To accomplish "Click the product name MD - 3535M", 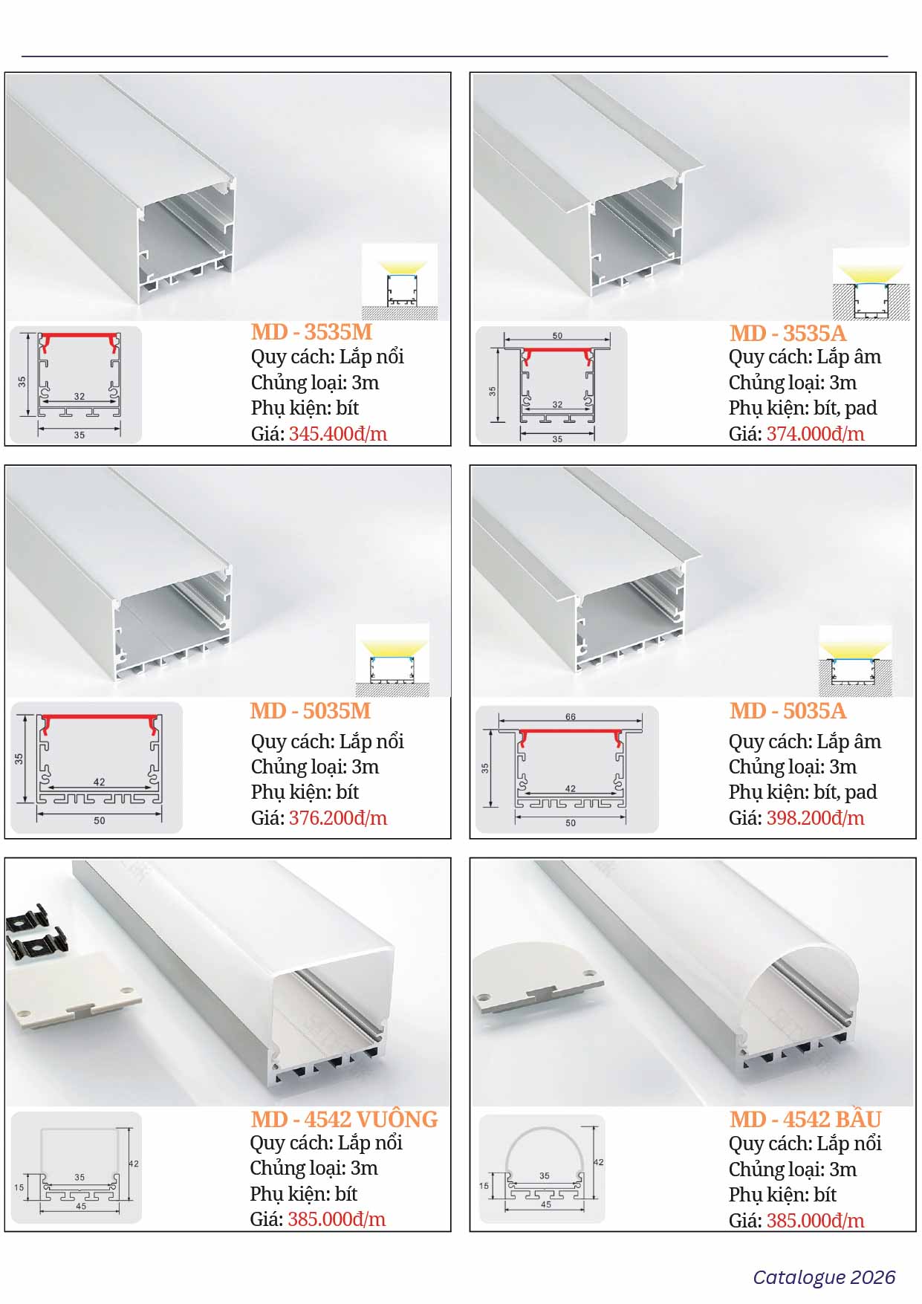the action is [311, 332].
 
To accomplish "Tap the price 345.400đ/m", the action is [338, 434].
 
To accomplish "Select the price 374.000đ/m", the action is [816, 434].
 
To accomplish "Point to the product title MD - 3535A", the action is [788, 333].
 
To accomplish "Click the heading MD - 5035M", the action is [311, 711].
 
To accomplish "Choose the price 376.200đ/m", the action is [338, 818].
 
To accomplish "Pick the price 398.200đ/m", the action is [816, 818].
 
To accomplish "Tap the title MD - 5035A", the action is [788, 711].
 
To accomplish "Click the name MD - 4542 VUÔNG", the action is [344, 1119].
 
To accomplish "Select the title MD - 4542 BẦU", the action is [805, 1119].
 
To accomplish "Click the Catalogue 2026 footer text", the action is [824, 1277].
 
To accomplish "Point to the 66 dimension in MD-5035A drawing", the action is [571, 717].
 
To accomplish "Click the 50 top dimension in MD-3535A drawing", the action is [557, 336].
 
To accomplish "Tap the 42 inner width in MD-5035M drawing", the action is [100, 782].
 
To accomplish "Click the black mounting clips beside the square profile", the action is [28, 934].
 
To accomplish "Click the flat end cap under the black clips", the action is [74, 990].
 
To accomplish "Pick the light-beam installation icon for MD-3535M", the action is [400, 282].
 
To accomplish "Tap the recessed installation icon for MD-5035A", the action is [856, 661].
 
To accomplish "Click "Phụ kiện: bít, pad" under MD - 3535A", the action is [802, 408].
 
